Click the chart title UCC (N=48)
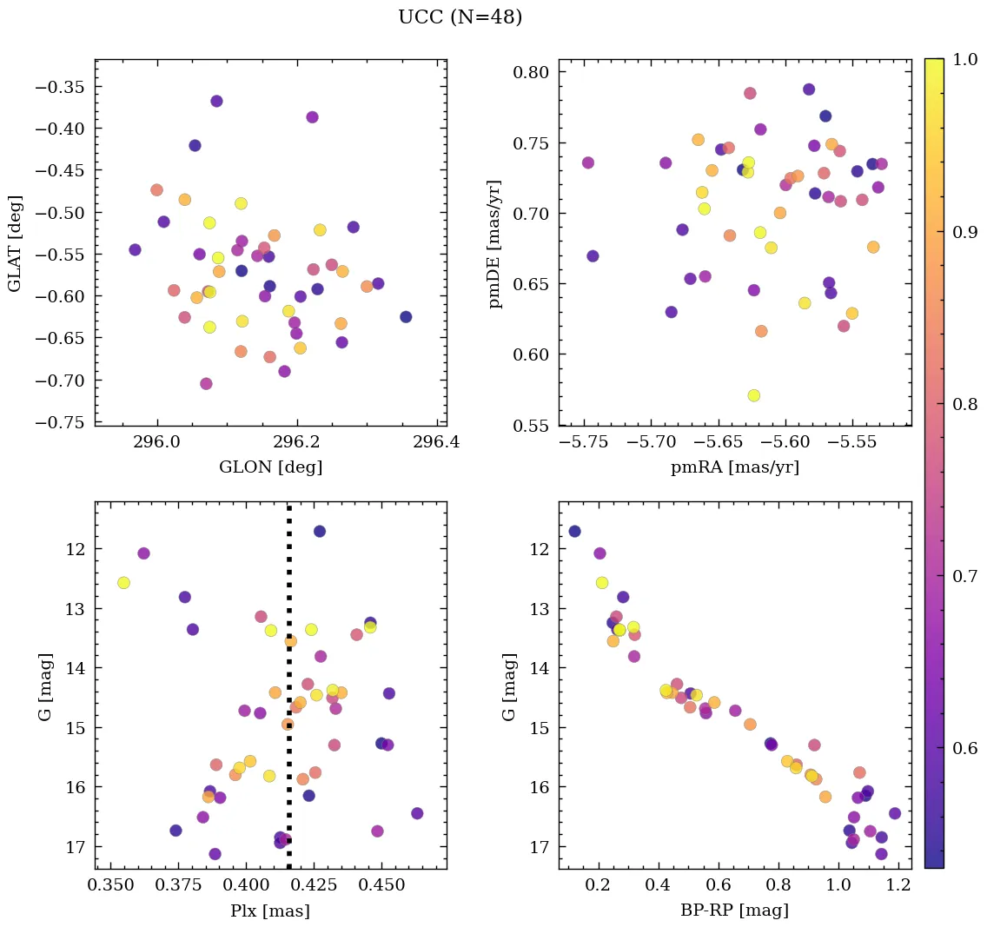point(460,17)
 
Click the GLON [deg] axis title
point(271,467)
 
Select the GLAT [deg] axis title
point(16,242)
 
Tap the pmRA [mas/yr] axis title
point(735,467)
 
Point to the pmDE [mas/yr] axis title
point(496,242)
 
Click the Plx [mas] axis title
point(271,910)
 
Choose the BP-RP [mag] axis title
point(735,910)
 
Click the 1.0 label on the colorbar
point(964,60)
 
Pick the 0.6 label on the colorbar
point(964,748)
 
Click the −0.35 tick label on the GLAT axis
point(63,87)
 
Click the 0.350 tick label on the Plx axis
point(110,886)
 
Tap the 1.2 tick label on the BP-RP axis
point(898,886)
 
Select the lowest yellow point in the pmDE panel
point(753,395)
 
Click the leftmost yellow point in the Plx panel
point(123,582)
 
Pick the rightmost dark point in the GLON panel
point(406,316)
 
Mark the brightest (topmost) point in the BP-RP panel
point(574,531)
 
